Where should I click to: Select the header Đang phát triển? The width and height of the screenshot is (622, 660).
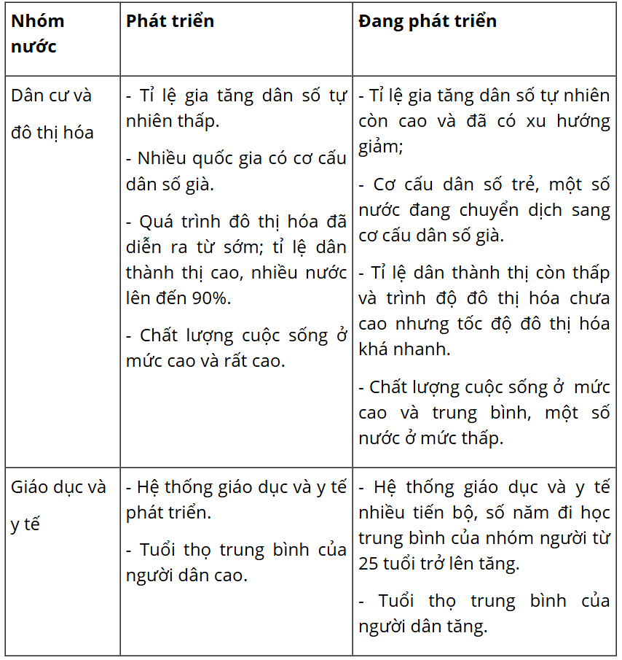coord(428,22)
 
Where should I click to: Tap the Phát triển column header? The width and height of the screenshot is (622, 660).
coord(170,22)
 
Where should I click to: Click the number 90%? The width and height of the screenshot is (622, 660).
coord(211,298)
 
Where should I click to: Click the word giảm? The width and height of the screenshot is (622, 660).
coord(379,147)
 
